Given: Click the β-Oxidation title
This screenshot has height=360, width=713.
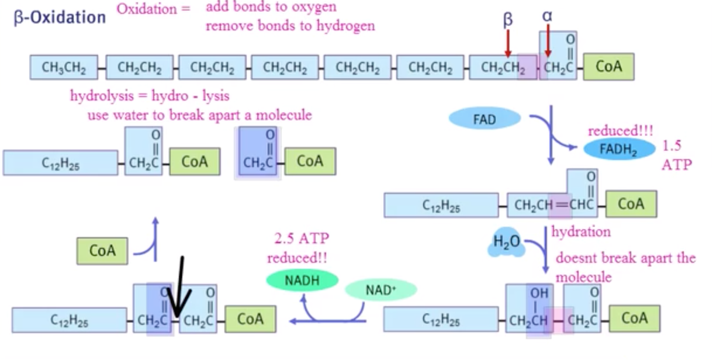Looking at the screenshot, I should click(x=59, y=16).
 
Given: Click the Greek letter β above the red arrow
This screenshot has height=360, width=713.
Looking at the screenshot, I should click(x=508, y=19).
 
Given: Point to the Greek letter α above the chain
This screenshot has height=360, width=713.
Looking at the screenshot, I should click(x=547, y=16).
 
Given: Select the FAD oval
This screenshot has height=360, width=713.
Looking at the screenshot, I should click(x=484, y=119).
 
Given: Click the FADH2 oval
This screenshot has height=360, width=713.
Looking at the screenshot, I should click(x=619, y=150).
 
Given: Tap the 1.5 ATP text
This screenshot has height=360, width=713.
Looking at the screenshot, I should click(x=676, y=155).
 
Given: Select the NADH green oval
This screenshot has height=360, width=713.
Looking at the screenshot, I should click(x=302, y=281).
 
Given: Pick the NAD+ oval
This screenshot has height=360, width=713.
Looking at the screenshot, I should click(x=380, y=290).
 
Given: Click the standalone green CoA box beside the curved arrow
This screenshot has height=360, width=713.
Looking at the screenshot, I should click(x=103, y=251).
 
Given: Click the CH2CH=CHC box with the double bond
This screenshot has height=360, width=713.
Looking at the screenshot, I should click(x=553, y=205).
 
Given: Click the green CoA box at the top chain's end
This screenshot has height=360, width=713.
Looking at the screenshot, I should click(x=608, y=67).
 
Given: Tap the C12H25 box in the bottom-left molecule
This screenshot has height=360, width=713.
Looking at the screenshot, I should click(x=69, y=320).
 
